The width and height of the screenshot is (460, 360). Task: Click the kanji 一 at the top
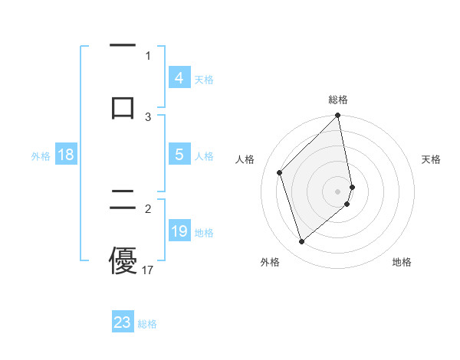coord(123,47)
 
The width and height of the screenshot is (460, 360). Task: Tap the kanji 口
coord(123,106)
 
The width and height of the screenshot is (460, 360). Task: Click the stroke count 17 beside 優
coord(148,270)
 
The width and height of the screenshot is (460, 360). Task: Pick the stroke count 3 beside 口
coord(148,116)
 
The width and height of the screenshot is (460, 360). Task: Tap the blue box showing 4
coord(179,78)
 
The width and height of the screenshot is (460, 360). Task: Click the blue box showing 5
coord(179,155)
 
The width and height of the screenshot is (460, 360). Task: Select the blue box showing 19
coord(179,231)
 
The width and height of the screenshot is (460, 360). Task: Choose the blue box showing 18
coord(66,155)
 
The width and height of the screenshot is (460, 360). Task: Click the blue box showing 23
coord(123,322)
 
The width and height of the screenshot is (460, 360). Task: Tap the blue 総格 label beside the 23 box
coord(147,323)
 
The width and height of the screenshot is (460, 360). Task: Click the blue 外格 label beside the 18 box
coord(41,155)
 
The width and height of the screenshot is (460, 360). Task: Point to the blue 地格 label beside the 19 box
coord(204,232)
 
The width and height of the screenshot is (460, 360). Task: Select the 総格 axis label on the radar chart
coord(338,100)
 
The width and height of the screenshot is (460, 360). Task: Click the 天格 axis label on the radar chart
coord(431,159)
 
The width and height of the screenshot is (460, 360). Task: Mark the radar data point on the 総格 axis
coord(338,116)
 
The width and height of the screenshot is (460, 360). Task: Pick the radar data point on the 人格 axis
coord(280,172)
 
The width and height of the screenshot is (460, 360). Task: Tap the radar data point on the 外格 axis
coord(301,242)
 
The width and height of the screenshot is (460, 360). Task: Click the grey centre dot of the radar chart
coord(338,191)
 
